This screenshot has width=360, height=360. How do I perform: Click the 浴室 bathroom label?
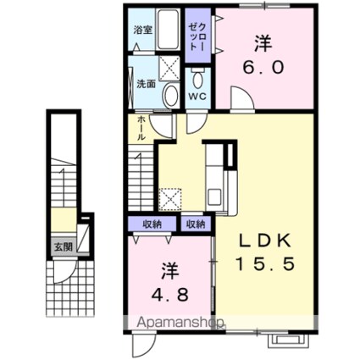pyautogui.click(x=143, y=30)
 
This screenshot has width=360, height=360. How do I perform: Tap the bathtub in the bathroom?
pyautogui.click(x=169, y=30)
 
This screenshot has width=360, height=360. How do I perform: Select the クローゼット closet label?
pyautogui.click(x=197, y=36)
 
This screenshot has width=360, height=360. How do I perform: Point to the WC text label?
pyautogui.click(x=197, y=96)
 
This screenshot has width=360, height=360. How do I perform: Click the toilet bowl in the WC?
pyautogui.click(x=197, y=80)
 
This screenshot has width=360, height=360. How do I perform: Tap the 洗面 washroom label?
pyautogui.click(x=147, y=84)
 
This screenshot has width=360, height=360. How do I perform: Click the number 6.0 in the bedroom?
pyautogui.click(x=263, y=68)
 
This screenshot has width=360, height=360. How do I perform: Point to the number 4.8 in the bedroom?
pyautogui.click(x=169, y=295)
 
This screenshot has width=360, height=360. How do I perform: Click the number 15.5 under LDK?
pyautogui.click(x=265, y=264)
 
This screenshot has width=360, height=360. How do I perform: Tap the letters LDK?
pyautogui.click(x=265, y=241)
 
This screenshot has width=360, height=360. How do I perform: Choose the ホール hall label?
pyautogui.click(x=141, y=129)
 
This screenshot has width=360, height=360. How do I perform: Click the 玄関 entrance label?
pyautogui.click(x=64, y=247)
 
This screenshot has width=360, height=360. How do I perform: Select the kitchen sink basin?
pyautogui.click(x=214, y=197)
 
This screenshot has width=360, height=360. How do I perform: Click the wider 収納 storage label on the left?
pyautogui.click(x=152, y=224)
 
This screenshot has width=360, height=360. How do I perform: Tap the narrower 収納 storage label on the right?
pyautogui.click(x=196, y=224)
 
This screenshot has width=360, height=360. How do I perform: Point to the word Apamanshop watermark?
pyautogui.click(x=181, y=322)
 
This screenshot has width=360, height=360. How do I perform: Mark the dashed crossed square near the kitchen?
pyautogui.click(x=170, y=199)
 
